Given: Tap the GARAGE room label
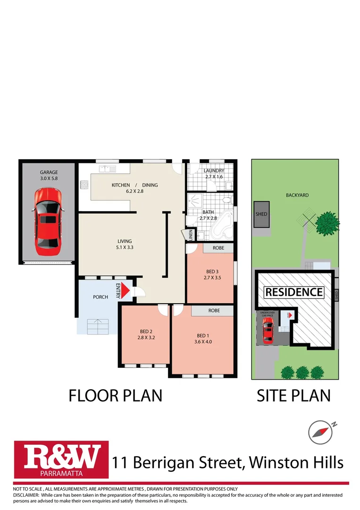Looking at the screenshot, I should click(x=49, y=172).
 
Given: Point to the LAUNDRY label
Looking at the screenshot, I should click(x=214, y=170).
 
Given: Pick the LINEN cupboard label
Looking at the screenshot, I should click(x=191, y=235).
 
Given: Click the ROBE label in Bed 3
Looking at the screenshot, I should click(x=218, y=247).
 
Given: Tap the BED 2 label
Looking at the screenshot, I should click(x=146, y=331).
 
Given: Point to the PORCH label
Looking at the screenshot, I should click(x=100, y=297).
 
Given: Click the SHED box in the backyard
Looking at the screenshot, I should click(x=261, y=214).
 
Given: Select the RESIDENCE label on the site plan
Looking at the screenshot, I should click(x=294, y=292).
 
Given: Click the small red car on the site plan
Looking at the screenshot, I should click(x=268, y=330).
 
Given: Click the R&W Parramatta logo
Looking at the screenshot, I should click(x=61, y=459).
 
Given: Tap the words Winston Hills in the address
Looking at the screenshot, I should click(x=296, y=462).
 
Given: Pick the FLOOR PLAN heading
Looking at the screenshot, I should click(x=116, y=396).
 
